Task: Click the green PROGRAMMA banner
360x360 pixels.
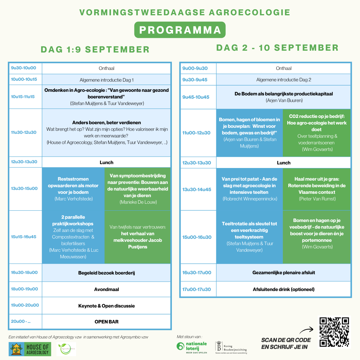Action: coord(180,30)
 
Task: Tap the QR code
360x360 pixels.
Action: coord(334,332)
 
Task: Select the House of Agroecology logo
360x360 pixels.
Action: coord(30,349)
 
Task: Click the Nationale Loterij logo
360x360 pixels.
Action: coord(192,347)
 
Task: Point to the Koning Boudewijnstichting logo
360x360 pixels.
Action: coord(231,348)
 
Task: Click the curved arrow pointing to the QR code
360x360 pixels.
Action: coord(306,330)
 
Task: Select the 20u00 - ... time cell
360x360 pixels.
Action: coord(21,321)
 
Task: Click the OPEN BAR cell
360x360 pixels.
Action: coord(106,322)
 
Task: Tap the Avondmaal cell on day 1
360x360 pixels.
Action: coord(106,289)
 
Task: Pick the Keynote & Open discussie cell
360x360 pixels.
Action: coord(106,306)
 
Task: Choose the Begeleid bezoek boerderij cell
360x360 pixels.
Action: coord(106,273)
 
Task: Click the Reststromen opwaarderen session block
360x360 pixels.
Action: coord(73,189)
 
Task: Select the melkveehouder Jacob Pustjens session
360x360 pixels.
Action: coord(138,237)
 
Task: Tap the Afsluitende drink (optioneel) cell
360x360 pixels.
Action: coord(283,289)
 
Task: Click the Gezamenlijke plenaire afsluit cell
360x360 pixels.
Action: coord(283,273)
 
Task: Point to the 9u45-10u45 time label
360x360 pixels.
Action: coord(196,97)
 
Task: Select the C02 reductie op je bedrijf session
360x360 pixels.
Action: coord(317,133)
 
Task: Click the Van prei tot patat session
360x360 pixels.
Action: coord(249,189)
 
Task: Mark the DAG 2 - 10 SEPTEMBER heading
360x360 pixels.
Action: coord(277,48)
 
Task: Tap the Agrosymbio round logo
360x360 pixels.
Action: coord(66,349)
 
